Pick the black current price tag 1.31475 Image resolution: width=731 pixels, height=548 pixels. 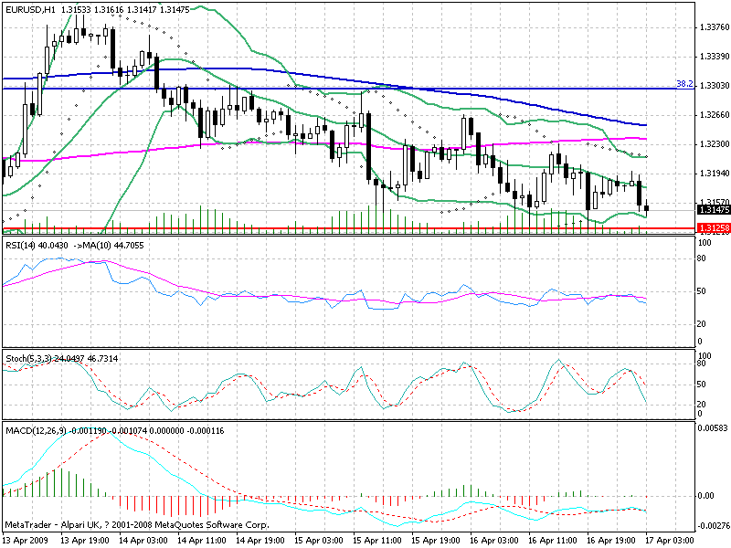pos(713,210)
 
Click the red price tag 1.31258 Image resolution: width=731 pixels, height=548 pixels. pos(713,227)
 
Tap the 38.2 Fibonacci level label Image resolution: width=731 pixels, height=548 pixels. pos(683,84)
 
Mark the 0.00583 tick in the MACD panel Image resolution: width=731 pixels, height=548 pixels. pos(711,427)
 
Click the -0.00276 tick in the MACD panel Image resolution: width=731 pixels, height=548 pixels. pos(711,526)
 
